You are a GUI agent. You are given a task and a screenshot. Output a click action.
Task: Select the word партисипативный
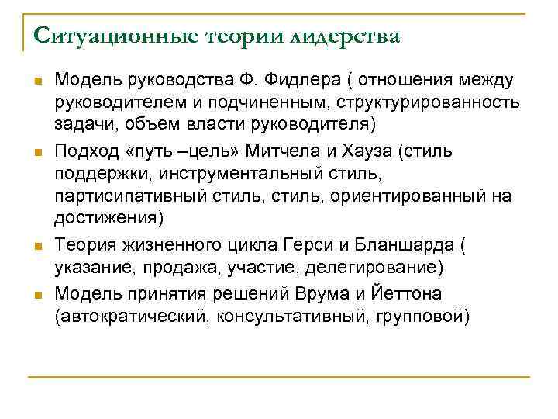pos(133,196)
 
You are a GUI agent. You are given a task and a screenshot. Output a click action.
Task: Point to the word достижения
pos(105,219)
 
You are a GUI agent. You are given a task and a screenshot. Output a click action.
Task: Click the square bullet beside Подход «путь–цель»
pos(38,150)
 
